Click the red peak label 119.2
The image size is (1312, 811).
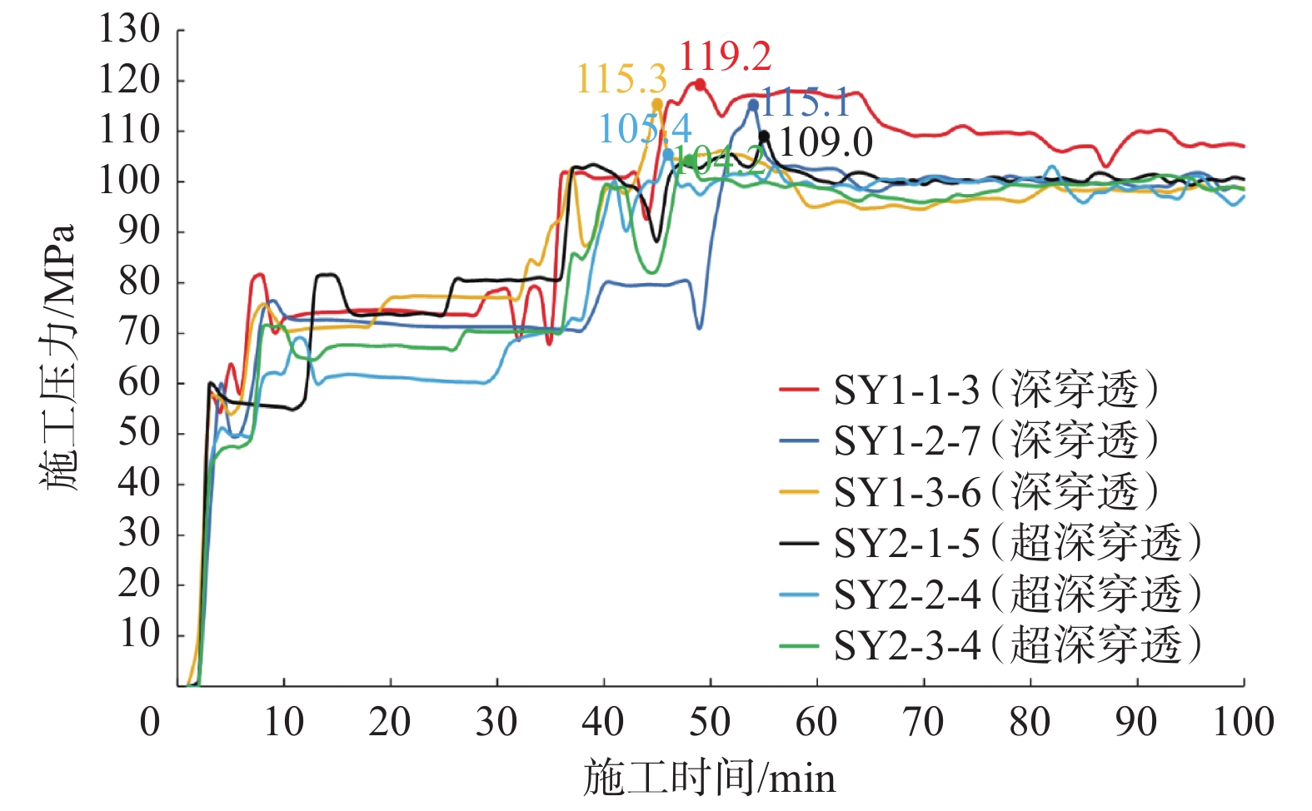click(x=725, y=57)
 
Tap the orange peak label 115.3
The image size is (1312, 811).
click(x=621, y=79)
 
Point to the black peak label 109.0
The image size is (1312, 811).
click(x=825, y=142)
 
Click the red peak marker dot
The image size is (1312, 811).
click(x=700, y=84)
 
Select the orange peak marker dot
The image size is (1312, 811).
click(x=656, y=104)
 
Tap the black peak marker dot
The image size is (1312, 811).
click(x=764, y=137)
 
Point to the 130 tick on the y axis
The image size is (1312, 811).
click(x=130, y=30)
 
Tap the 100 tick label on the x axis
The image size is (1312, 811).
click(x=1242, y=721)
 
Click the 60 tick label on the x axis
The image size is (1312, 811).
click(x=816, y=721)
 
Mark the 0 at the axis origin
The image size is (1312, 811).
click(x=150, y=721)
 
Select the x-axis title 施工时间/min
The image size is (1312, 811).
click(x=709, y=778)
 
